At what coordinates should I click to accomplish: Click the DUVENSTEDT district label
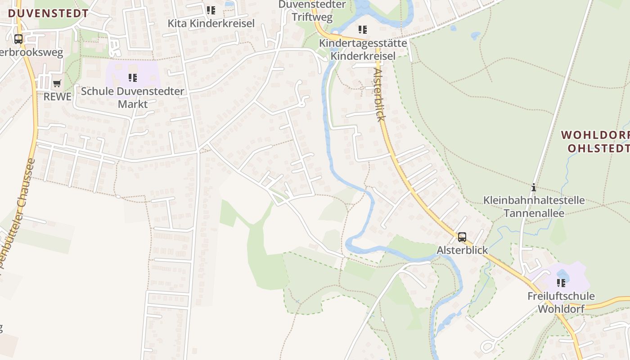48,13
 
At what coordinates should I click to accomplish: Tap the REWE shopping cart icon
57,84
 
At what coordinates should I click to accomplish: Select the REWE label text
58,97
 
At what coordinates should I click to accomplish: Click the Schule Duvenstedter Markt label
133,98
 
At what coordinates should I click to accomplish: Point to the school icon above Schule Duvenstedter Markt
132,78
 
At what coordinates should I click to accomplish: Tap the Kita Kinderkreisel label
211,23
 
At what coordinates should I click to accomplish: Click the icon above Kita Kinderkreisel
211,10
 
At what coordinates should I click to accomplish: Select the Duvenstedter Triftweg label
312,11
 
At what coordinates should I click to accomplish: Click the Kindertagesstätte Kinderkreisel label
363,49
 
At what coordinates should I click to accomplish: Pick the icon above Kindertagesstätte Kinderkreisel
362,30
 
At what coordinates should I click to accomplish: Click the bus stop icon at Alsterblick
462,237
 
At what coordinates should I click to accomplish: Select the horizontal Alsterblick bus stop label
462,250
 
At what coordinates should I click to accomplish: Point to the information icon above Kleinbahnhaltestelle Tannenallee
534,187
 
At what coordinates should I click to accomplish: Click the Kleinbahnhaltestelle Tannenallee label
534,206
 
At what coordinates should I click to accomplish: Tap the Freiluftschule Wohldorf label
561,302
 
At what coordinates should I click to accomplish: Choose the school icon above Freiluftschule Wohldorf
561,283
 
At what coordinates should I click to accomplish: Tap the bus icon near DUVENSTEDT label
18,39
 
